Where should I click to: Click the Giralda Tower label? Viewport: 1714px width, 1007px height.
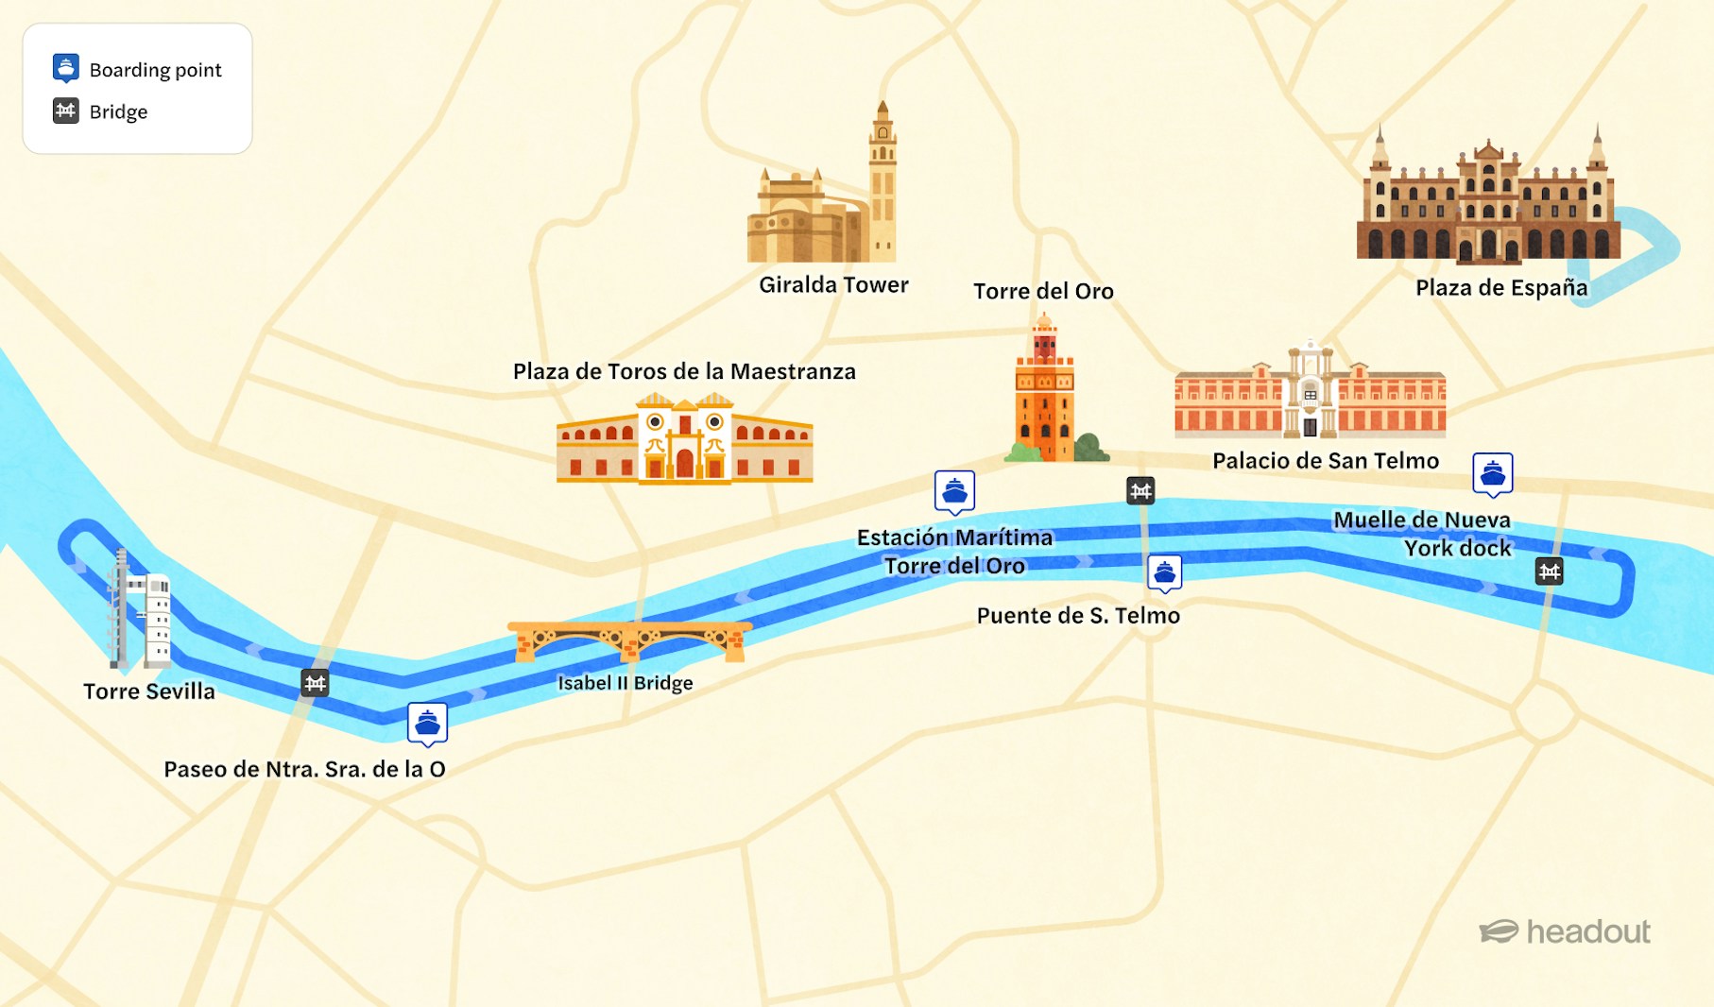(833, 284)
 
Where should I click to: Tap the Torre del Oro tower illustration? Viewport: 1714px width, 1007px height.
(1044, 392)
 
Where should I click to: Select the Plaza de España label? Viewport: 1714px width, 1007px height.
(1500, 287)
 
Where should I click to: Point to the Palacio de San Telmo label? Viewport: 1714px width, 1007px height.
(1325, 460)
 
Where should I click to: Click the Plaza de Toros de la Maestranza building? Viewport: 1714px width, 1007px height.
(684, 440)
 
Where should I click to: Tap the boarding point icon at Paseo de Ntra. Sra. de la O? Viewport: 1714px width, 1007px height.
(427, 724)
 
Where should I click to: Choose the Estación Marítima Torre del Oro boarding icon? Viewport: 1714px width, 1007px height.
(954, 491)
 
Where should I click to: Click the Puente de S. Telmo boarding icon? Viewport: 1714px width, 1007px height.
(1164, 572)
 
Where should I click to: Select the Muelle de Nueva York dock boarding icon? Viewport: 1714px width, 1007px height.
(1492, 473)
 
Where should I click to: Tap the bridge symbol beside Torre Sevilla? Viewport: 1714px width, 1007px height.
(315, 682)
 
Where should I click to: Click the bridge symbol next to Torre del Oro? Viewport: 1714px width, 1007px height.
(1140, 490)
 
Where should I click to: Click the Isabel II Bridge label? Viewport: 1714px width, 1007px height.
(625, 683)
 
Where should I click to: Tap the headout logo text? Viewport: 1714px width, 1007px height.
(1587, 932)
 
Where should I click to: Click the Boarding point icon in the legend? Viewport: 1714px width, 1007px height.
(65, 68)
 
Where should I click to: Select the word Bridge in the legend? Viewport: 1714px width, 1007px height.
(118, 111)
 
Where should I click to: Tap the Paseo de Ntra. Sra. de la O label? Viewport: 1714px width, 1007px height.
(304, 769)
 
